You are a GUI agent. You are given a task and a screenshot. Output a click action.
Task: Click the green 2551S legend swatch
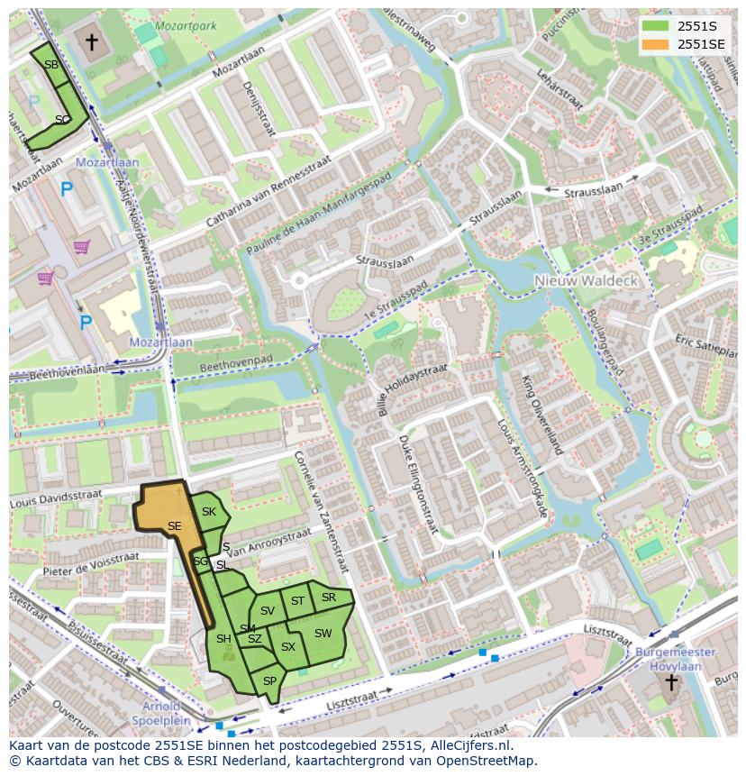tap(656, 26)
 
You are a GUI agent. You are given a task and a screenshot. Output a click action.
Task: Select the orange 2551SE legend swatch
tap(656, 43)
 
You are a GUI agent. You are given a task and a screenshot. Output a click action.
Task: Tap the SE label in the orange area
tap(175, 526)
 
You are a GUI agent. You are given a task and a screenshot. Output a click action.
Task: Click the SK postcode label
tap(209, 512)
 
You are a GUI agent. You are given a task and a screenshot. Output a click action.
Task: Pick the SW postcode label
tap(323, 634)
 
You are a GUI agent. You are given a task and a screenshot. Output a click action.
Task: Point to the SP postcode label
tap(269, 681)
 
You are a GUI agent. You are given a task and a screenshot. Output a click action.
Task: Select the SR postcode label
tap(329, 598)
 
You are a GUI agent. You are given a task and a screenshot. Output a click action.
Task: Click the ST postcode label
tap(297, 600)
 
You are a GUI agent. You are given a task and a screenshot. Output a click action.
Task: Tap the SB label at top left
tap(51, 65)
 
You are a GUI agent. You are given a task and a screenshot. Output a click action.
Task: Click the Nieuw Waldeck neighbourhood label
tap(587, 280)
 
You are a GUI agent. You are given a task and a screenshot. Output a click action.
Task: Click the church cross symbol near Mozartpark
tap(91, 41)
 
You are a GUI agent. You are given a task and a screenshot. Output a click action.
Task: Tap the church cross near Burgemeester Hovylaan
tap(670, 682)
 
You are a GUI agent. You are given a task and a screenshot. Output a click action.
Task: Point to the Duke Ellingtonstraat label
tap(416, 483)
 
